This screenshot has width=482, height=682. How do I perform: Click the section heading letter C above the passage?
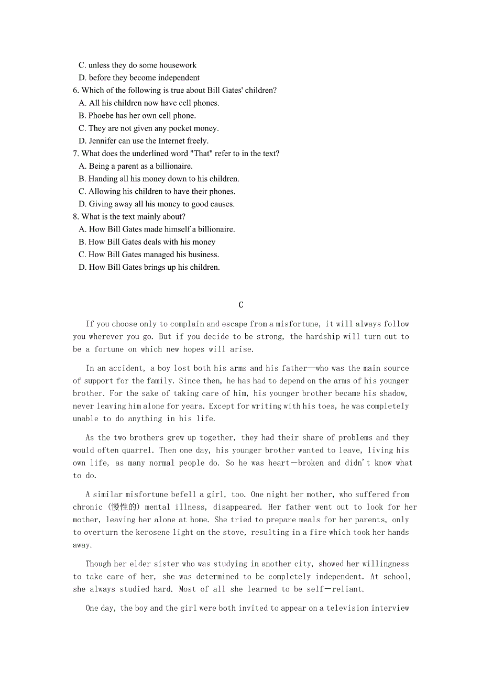[241, 305]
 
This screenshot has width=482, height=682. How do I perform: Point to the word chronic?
[87, 507]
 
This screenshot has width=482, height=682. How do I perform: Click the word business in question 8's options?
[202, 255]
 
